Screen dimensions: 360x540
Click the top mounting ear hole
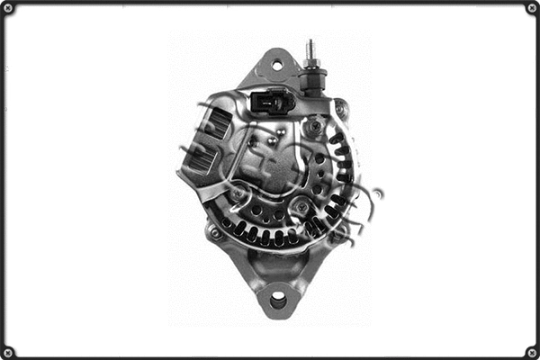[x=277, y=64]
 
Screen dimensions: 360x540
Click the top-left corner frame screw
[x=9, y=8]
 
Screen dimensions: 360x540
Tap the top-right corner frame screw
[x=531, y=8]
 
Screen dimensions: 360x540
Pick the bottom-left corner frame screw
[x=9, y=351]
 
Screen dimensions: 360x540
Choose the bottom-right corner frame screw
[x=531, y=351]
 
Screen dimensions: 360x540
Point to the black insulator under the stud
[x=313, y=83]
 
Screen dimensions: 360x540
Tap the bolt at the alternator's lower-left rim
[x=214, y=232]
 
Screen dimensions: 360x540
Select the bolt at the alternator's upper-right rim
[x=341, y=109]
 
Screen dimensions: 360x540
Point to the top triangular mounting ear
[x=274, y=70]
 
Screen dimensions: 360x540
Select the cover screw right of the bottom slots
[x=303, y=210]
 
